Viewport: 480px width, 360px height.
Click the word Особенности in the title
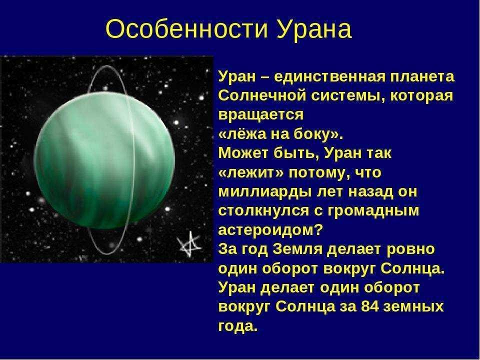tap(186, 29)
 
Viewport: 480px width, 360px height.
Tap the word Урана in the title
tap(314, 29)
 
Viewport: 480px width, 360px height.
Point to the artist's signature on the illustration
tap(189, 244)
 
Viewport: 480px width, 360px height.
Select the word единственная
tap(329, 76)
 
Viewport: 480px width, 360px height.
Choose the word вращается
tap(261, 115)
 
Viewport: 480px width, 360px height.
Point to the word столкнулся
tap(264, 211)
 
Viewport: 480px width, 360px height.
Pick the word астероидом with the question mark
tap(270, 230)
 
